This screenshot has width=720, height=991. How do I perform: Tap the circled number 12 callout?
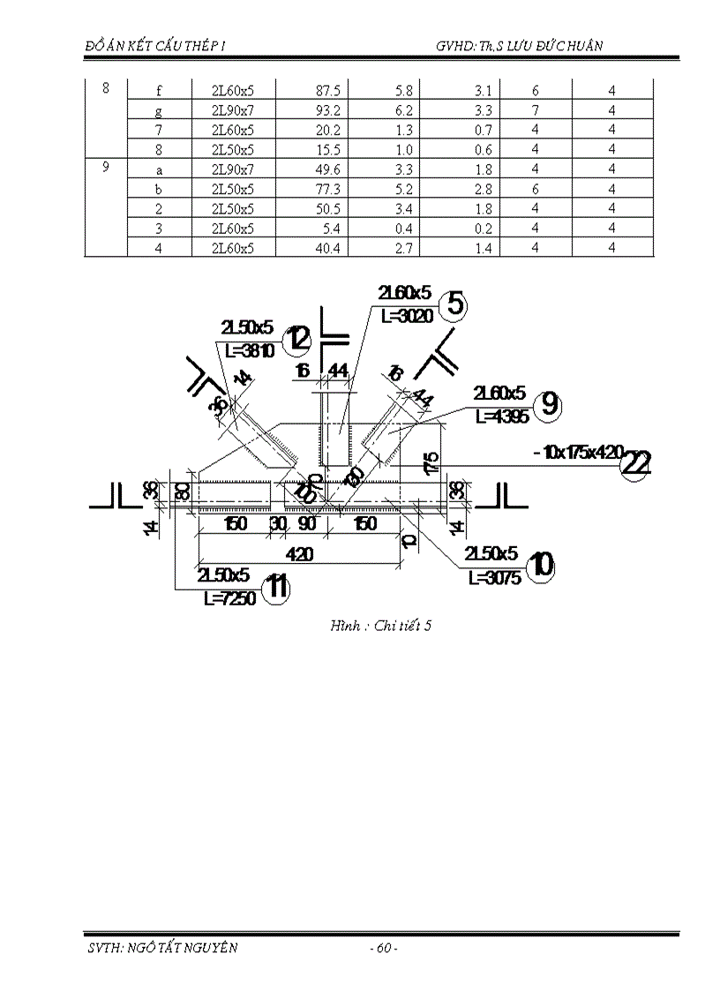(x=298, y=338)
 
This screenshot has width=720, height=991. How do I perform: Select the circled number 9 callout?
(x=549, y=404)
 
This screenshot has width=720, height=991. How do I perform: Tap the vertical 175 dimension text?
(x=431, y=462)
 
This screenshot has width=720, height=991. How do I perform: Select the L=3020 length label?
(x=406, y=316)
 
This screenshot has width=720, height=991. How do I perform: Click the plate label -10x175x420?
(x=577, y=454)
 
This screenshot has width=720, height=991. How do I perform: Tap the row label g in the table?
(x=159, y=110)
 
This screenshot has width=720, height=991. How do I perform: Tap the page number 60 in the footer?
(x=383, y=949)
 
